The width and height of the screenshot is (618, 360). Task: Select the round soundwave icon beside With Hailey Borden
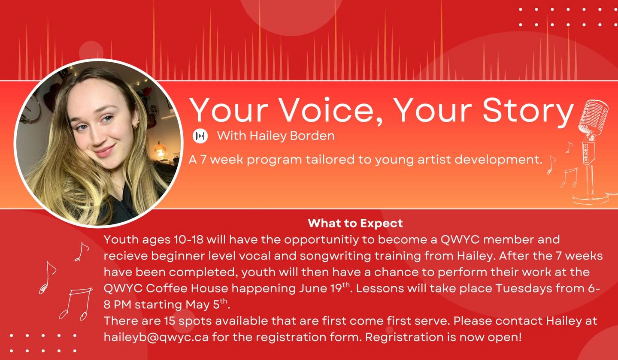tap(200, 136)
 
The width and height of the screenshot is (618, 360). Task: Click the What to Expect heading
tap(355, 223)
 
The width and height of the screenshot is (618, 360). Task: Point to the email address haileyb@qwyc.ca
tap(156, 337)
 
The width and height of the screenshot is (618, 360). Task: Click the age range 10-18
tap(188, 239)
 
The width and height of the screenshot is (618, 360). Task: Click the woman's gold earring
tap(136, 126)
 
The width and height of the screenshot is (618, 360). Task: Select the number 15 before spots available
tap(170, 321)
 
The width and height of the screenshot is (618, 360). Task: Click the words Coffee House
tap(187, 288)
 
